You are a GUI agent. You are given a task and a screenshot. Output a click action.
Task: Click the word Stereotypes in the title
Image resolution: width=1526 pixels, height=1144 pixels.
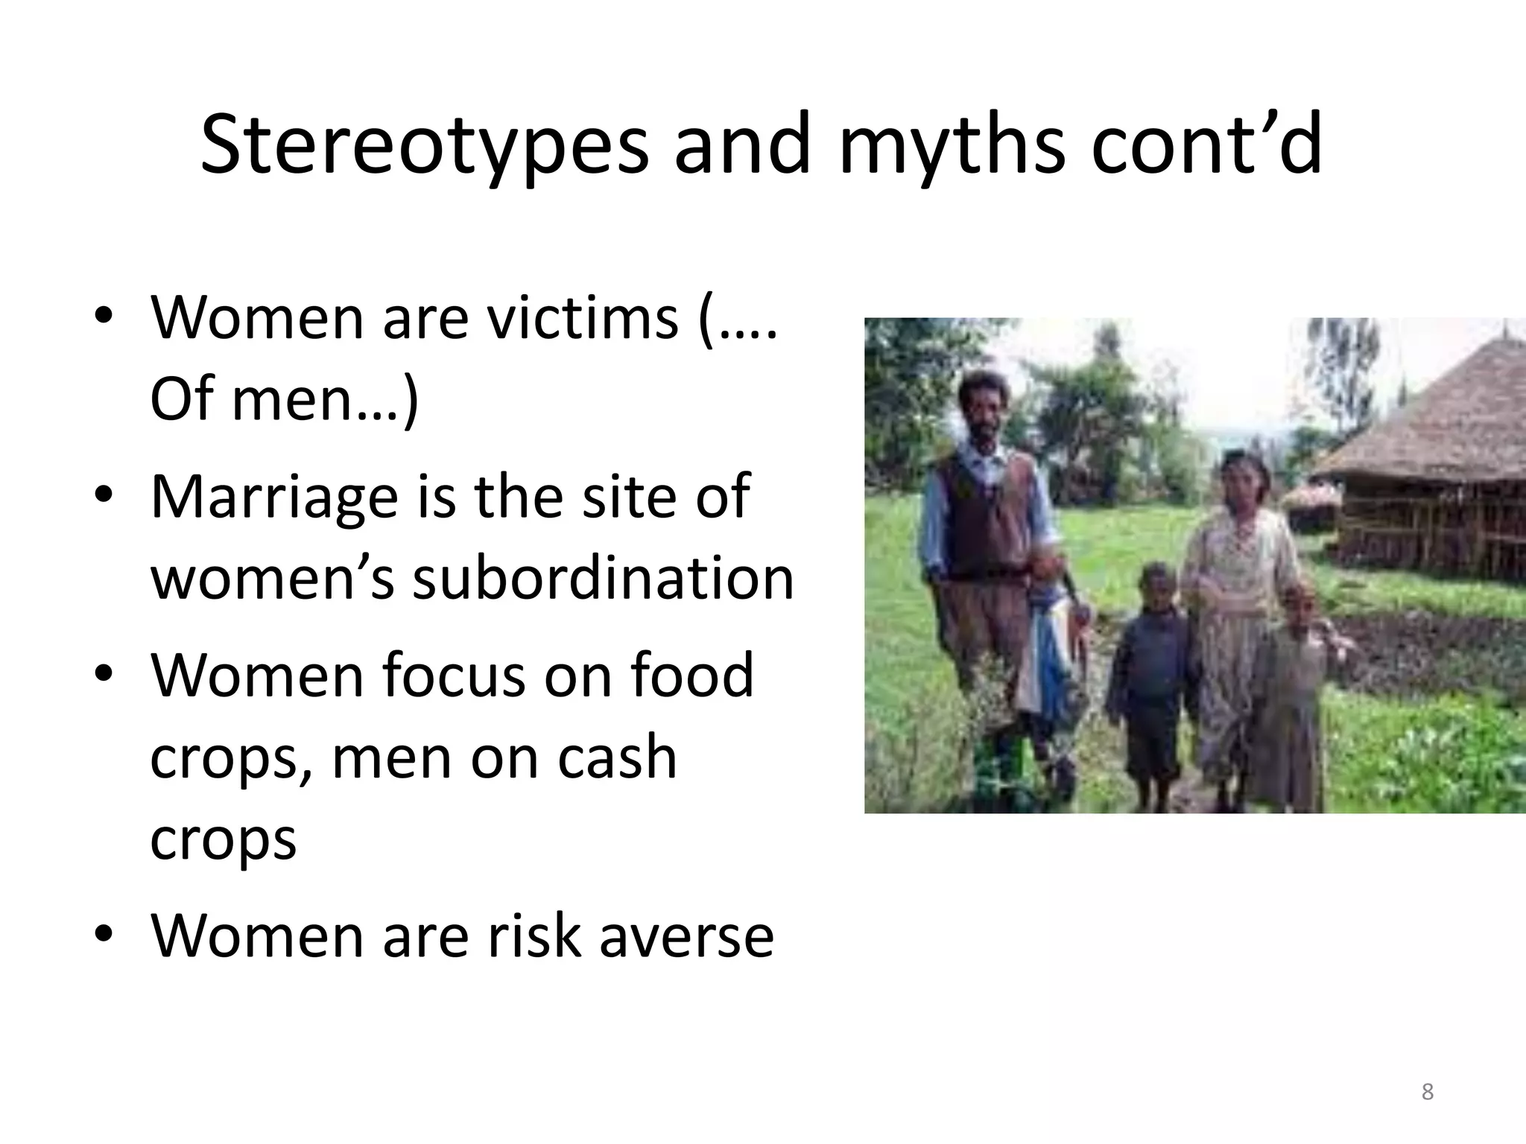(425, 145)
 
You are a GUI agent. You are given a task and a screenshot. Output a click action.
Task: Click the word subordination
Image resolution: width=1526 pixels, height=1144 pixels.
(604, 579)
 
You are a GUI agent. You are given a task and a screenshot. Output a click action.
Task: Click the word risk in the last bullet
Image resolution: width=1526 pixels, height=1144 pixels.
(534, 936)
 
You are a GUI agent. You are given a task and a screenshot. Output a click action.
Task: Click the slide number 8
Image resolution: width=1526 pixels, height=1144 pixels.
(1427, 1092)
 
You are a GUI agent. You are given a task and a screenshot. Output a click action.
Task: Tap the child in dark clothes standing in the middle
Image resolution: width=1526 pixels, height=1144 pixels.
(1147, 685)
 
